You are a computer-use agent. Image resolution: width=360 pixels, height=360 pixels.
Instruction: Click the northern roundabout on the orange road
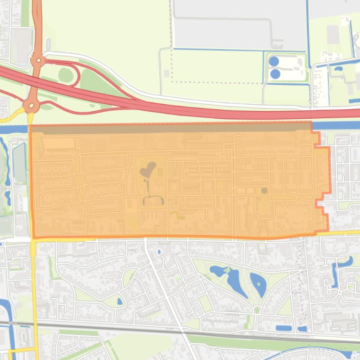point(37,60)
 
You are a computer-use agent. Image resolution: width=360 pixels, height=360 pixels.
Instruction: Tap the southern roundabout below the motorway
point(32,106)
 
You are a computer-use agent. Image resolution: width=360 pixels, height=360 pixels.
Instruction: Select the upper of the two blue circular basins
point(274,61)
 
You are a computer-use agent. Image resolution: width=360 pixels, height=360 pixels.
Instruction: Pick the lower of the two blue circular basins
point(275,74)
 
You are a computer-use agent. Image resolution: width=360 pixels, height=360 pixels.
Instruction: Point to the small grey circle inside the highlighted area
point(264,190)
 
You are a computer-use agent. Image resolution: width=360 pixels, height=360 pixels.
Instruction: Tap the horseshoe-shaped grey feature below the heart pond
point(153,200)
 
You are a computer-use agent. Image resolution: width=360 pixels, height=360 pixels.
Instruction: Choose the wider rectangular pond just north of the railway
point(284,328)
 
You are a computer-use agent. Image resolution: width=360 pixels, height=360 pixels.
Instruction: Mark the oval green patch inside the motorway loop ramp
point(66,75)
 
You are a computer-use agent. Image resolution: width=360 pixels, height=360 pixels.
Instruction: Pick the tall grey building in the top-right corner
point(333,34)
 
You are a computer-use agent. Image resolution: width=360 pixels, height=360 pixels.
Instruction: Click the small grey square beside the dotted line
point(166,73)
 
